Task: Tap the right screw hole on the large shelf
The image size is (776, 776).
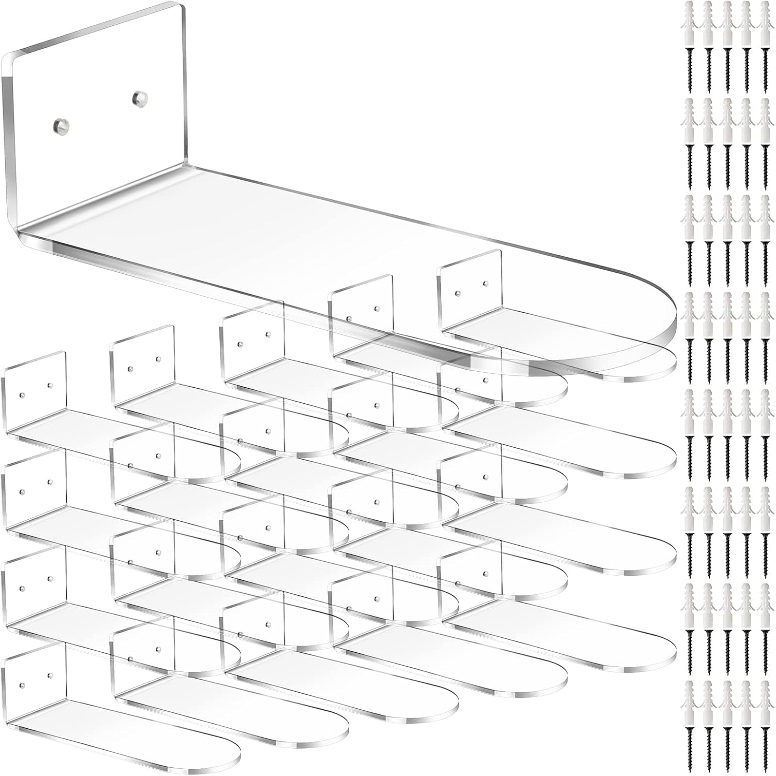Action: [138, 96]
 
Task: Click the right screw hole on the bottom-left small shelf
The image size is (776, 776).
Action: [50, 676]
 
